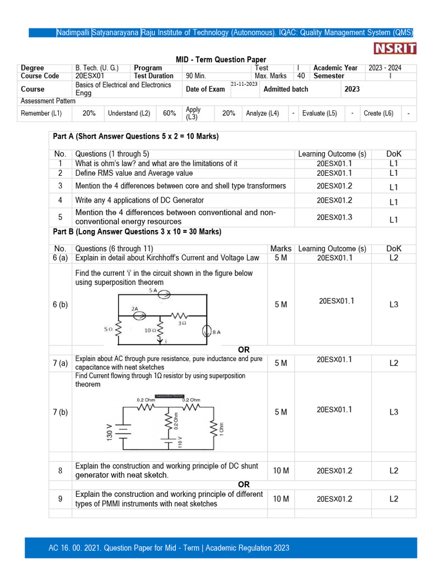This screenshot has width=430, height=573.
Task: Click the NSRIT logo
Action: pyautogui.click(x=395, y=49)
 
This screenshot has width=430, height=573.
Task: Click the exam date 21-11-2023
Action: pyautogui.click(x=244, y=84)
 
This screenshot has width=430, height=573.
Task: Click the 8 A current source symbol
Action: pyautogui.click(x=208, y=331)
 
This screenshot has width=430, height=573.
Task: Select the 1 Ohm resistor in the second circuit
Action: pyautogui.click(x=212, y=430)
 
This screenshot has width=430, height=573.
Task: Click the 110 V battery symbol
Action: pyautogui.click(x=167, y=442)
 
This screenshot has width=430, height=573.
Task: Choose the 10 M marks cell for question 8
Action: pyautogui.click(x=281, y=471)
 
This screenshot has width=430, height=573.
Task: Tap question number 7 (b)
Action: pyautogui.click(x=60, y=412)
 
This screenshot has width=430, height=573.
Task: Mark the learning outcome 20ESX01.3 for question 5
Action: pyautogui.click(x=334, y=217)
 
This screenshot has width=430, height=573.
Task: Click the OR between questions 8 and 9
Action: pyautogui.click(x=244, y=484)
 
